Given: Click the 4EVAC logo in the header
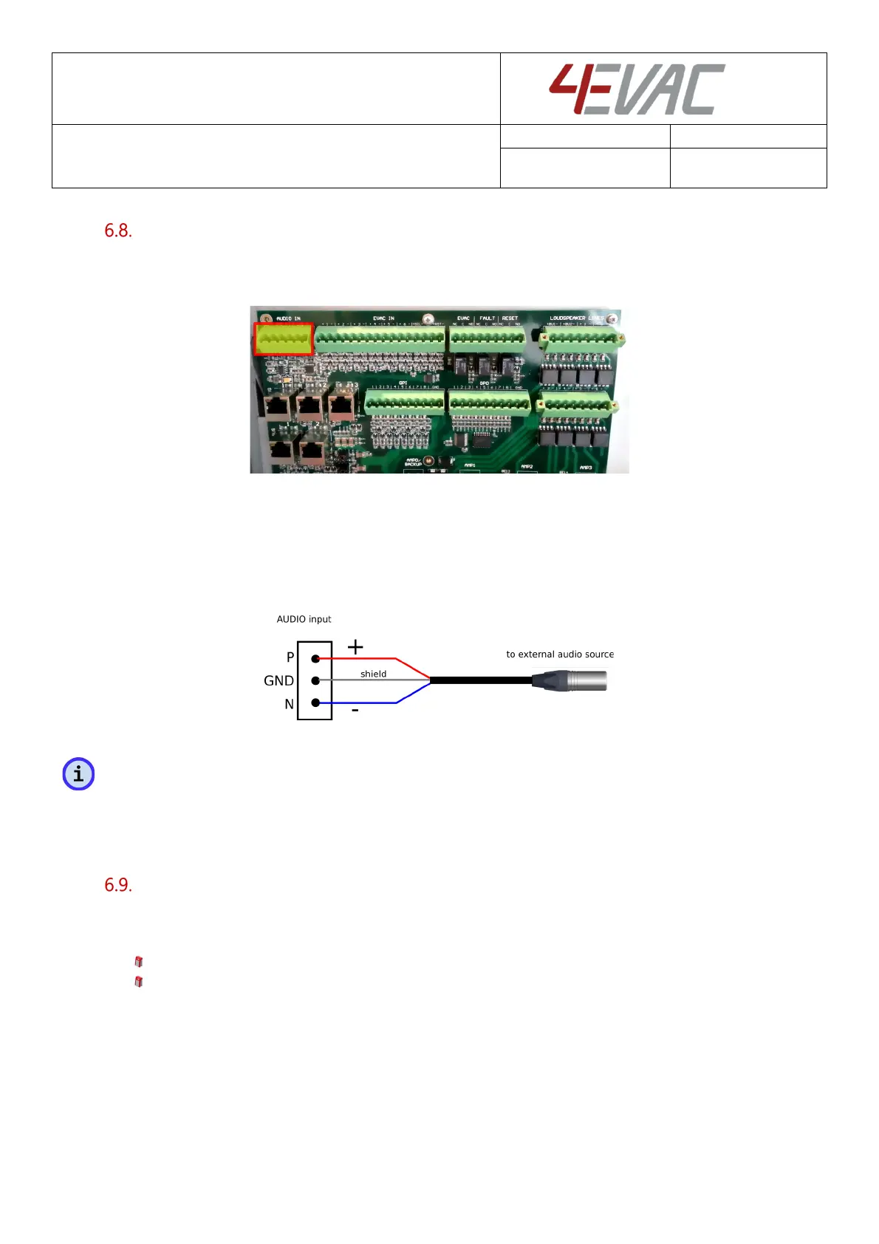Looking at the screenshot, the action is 637,89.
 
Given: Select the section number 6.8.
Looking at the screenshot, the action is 118,230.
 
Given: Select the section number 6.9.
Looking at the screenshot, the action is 118,885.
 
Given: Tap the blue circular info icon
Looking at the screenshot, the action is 78,774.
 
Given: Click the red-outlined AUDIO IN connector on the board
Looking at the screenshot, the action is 283,339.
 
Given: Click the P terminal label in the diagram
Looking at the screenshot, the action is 290,657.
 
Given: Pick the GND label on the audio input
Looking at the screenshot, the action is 278,680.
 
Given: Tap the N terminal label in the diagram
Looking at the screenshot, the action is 290,705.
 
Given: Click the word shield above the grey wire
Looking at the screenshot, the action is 373,674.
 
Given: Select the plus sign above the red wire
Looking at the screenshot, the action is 355,647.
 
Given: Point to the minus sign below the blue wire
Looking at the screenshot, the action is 355,711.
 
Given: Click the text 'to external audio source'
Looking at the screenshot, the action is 560,655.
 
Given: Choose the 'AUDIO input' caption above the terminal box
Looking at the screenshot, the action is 304,619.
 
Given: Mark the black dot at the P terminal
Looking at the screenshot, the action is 315,657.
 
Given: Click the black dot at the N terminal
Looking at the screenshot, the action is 315,703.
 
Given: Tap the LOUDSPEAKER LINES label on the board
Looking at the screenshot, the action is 576,318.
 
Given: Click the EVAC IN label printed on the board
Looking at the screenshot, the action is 383,318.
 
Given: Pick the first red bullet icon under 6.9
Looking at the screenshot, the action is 138,962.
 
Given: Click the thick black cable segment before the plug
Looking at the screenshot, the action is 480,680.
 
